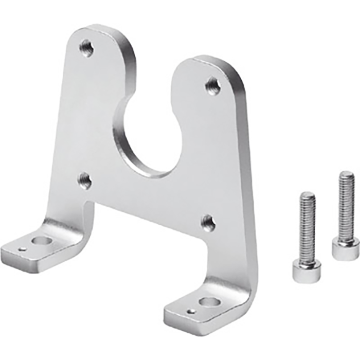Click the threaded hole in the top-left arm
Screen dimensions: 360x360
point(86,49)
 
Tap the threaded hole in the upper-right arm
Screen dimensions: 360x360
point(213,85)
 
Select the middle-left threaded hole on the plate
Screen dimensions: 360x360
point(85,180)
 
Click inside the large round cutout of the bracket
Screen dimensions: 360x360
point(149,139)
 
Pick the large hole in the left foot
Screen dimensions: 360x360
point(41,240)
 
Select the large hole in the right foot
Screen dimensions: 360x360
point(208,302)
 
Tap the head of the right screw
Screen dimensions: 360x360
point(344,249)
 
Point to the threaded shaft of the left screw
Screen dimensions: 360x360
point(308,226)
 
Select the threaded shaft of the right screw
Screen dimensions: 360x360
point(346,206)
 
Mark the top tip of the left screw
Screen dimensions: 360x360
point(308,194)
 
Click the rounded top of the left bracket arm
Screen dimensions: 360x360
point(98,32)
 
